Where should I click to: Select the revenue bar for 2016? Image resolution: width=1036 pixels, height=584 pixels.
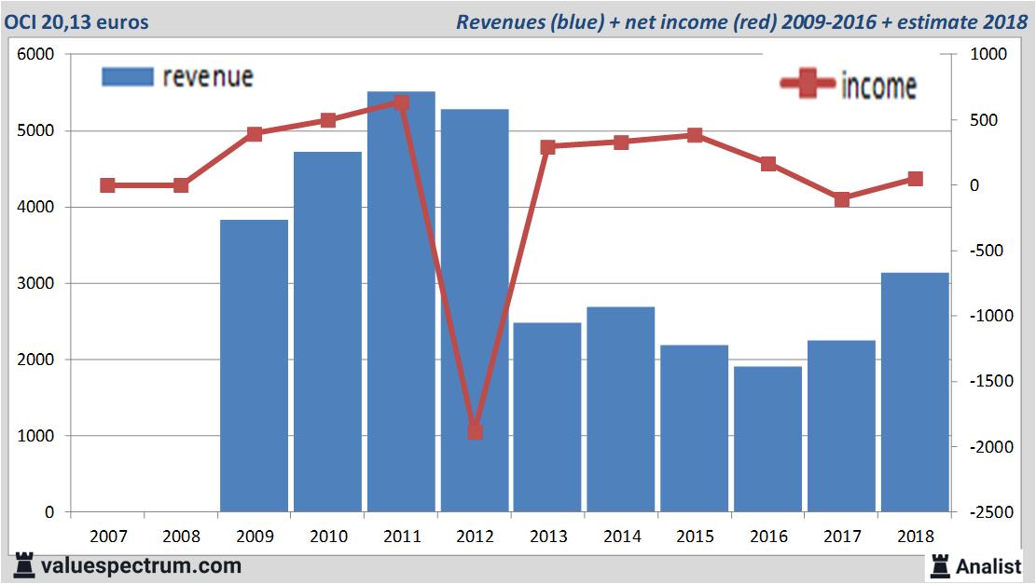click(767, 439)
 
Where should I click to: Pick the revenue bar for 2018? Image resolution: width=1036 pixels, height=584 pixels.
click(914, 392)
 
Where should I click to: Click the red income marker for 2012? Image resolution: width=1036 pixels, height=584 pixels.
click(475, 431)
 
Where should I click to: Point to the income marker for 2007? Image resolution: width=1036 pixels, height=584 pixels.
click(107, 185)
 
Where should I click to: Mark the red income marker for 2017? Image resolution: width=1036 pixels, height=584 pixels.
click(841, 199)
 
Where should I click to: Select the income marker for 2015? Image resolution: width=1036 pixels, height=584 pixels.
click(695, 135)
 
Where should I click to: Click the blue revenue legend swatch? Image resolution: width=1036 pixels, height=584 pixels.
click(127, 76)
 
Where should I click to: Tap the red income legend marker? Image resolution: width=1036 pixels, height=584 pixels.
click(807, 84)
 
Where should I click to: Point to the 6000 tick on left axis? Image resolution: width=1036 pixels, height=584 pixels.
click(36, 55)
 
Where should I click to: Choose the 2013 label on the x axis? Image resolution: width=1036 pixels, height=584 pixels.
click(547, 536)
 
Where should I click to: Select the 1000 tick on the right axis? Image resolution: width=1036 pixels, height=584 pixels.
click(978, 55)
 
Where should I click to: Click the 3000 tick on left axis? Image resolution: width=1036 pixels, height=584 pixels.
click(36, 283)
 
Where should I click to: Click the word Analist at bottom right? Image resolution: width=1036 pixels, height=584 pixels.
click(988, 565)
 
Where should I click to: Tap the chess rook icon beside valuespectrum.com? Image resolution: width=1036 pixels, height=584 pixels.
click(24, 565)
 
